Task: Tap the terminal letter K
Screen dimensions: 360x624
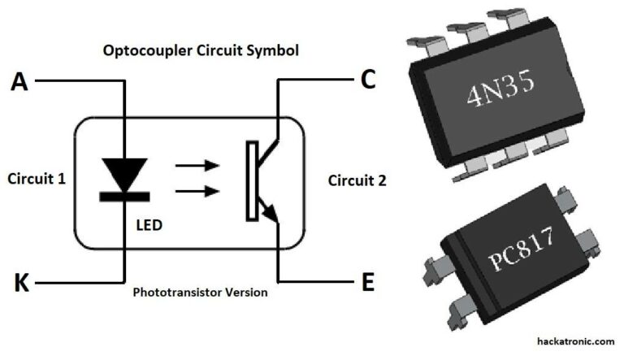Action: pos(21,283)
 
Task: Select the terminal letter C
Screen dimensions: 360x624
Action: pos(367,80)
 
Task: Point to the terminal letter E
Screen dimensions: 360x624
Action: pos(367,282)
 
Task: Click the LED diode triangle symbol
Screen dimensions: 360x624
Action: pos(123,173)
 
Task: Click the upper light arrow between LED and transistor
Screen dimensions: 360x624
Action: pos(197,166)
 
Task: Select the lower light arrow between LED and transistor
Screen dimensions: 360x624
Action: pos(197,191)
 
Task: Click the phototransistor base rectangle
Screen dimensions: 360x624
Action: pos(253,180)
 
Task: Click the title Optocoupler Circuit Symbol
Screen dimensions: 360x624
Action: pos(201,50)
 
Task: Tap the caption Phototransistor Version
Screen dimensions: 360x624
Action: pos(200,291)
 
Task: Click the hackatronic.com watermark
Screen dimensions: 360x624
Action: pos(575,342)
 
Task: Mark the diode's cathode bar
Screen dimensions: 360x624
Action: pos(123,195)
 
